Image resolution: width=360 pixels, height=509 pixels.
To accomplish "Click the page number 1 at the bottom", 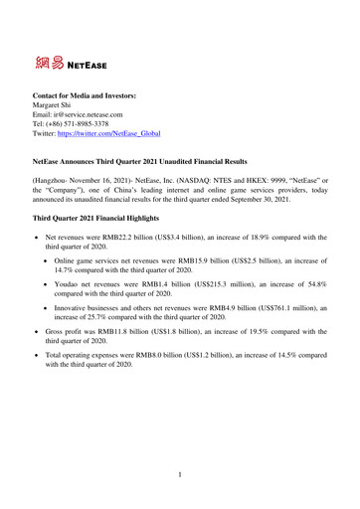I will point(180,474).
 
